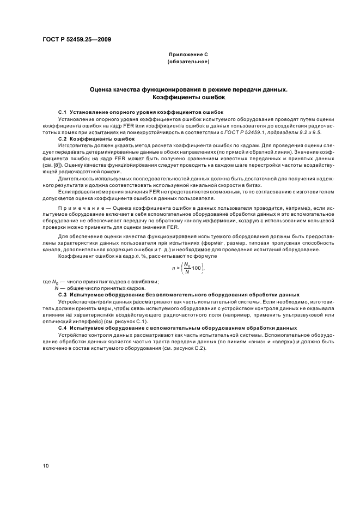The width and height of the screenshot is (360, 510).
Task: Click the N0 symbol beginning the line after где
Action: coord(54,281)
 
